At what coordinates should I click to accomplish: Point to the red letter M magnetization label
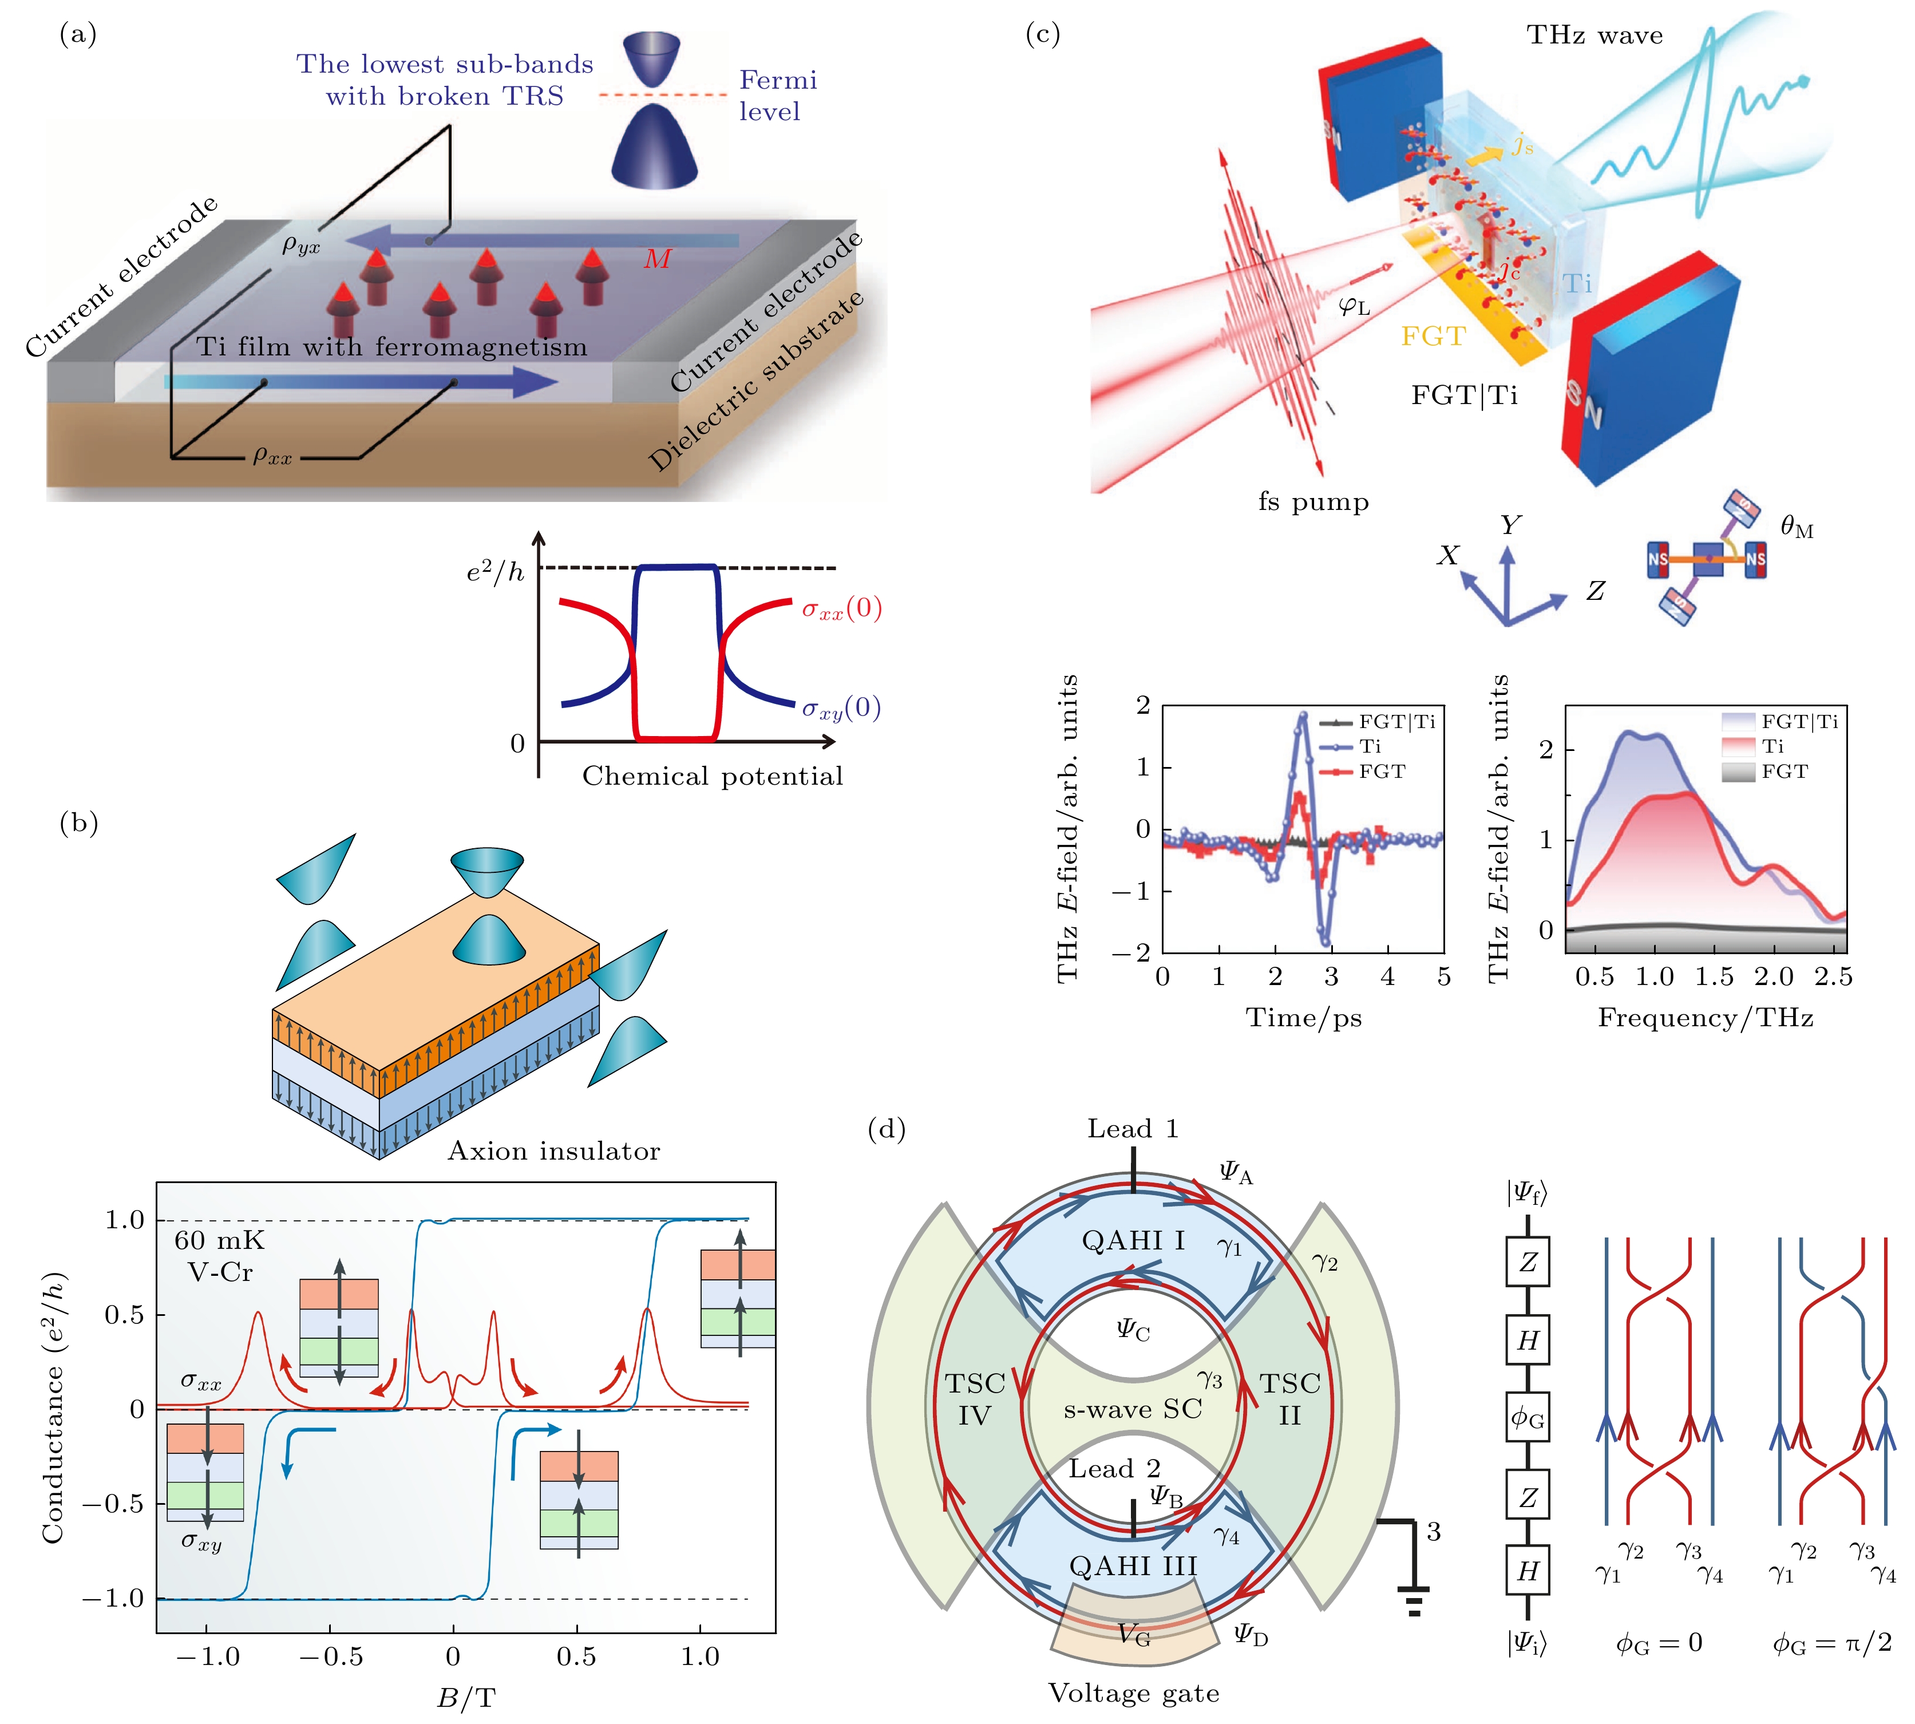[657, 259]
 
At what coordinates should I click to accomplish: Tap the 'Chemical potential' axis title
[712, 777]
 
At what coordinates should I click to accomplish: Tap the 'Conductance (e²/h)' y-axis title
[53, 1407]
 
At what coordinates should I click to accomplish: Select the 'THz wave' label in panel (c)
[1595, 36]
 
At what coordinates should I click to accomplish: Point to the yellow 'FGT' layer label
[1433, 337]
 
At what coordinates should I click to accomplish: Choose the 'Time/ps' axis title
[1303, 1018]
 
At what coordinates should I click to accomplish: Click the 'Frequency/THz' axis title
[1706, 1018]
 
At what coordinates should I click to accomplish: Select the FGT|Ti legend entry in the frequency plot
[1781, 722]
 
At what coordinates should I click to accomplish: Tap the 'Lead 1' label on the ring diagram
[1133, 1129]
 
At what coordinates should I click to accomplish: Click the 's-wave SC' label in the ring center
[1133, 1410]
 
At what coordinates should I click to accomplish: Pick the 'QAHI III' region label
[1133, 1566]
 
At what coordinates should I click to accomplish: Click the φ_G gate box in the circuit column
[1528, 1418]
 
